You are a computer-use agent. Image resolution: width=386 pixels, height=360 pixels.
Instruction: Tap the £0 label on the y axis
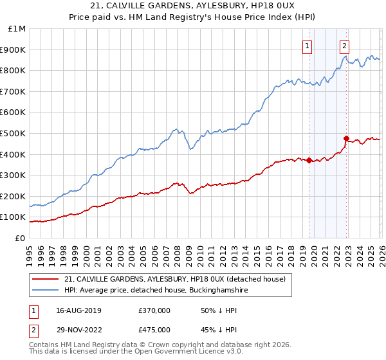point(20,238)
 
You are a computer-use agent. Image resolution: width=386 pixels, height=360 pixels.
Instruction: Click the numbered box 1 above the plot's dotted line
point(308,46)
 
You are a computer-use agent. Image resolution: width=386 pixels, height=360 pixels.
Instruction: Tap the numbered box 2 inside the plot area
point(345,46)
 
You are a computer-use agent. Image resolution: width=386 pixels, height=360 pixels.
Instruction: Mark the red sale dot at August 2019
point(309,161)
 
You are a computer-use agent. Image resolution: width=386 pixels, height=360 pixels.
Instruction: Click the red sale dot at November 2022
point(347,138)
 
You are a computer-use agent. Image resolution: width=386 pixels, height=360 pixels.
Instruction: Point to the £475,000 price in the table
point(154,329)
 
